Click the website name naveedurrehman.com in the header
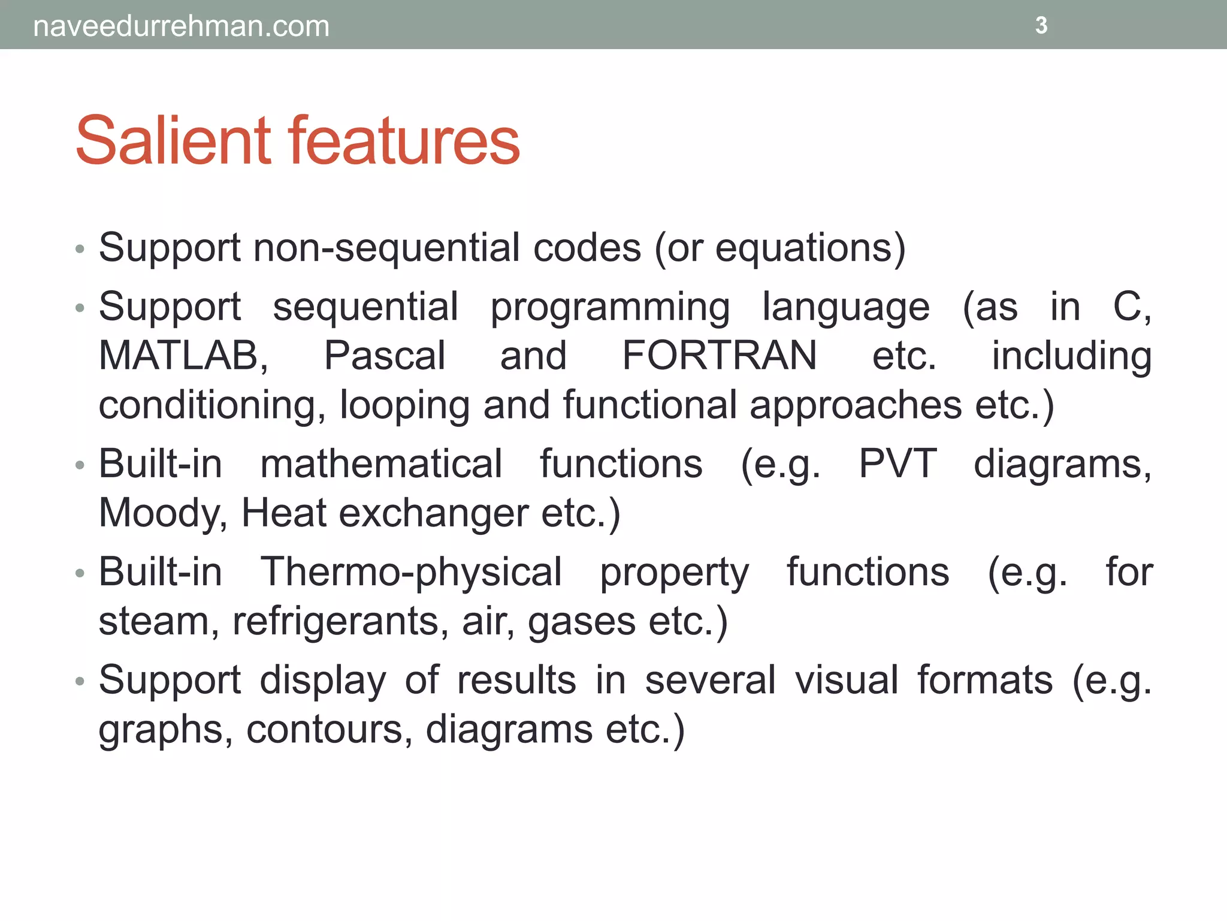[181, 26]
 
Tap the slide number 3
[1041, 25]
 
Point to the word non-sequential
[386, 248]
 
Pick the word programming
[610, 308]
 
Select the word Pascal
[385, 356]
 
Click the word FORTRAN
[720, 356]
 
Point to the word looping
[404, 406]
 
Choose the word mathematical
[381, 464]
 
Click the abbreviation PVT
[897, 464]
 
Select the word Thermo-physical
[411, 572]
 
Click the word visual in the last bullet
[847, 680]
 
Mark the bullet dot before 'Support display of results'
[80, 682]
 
